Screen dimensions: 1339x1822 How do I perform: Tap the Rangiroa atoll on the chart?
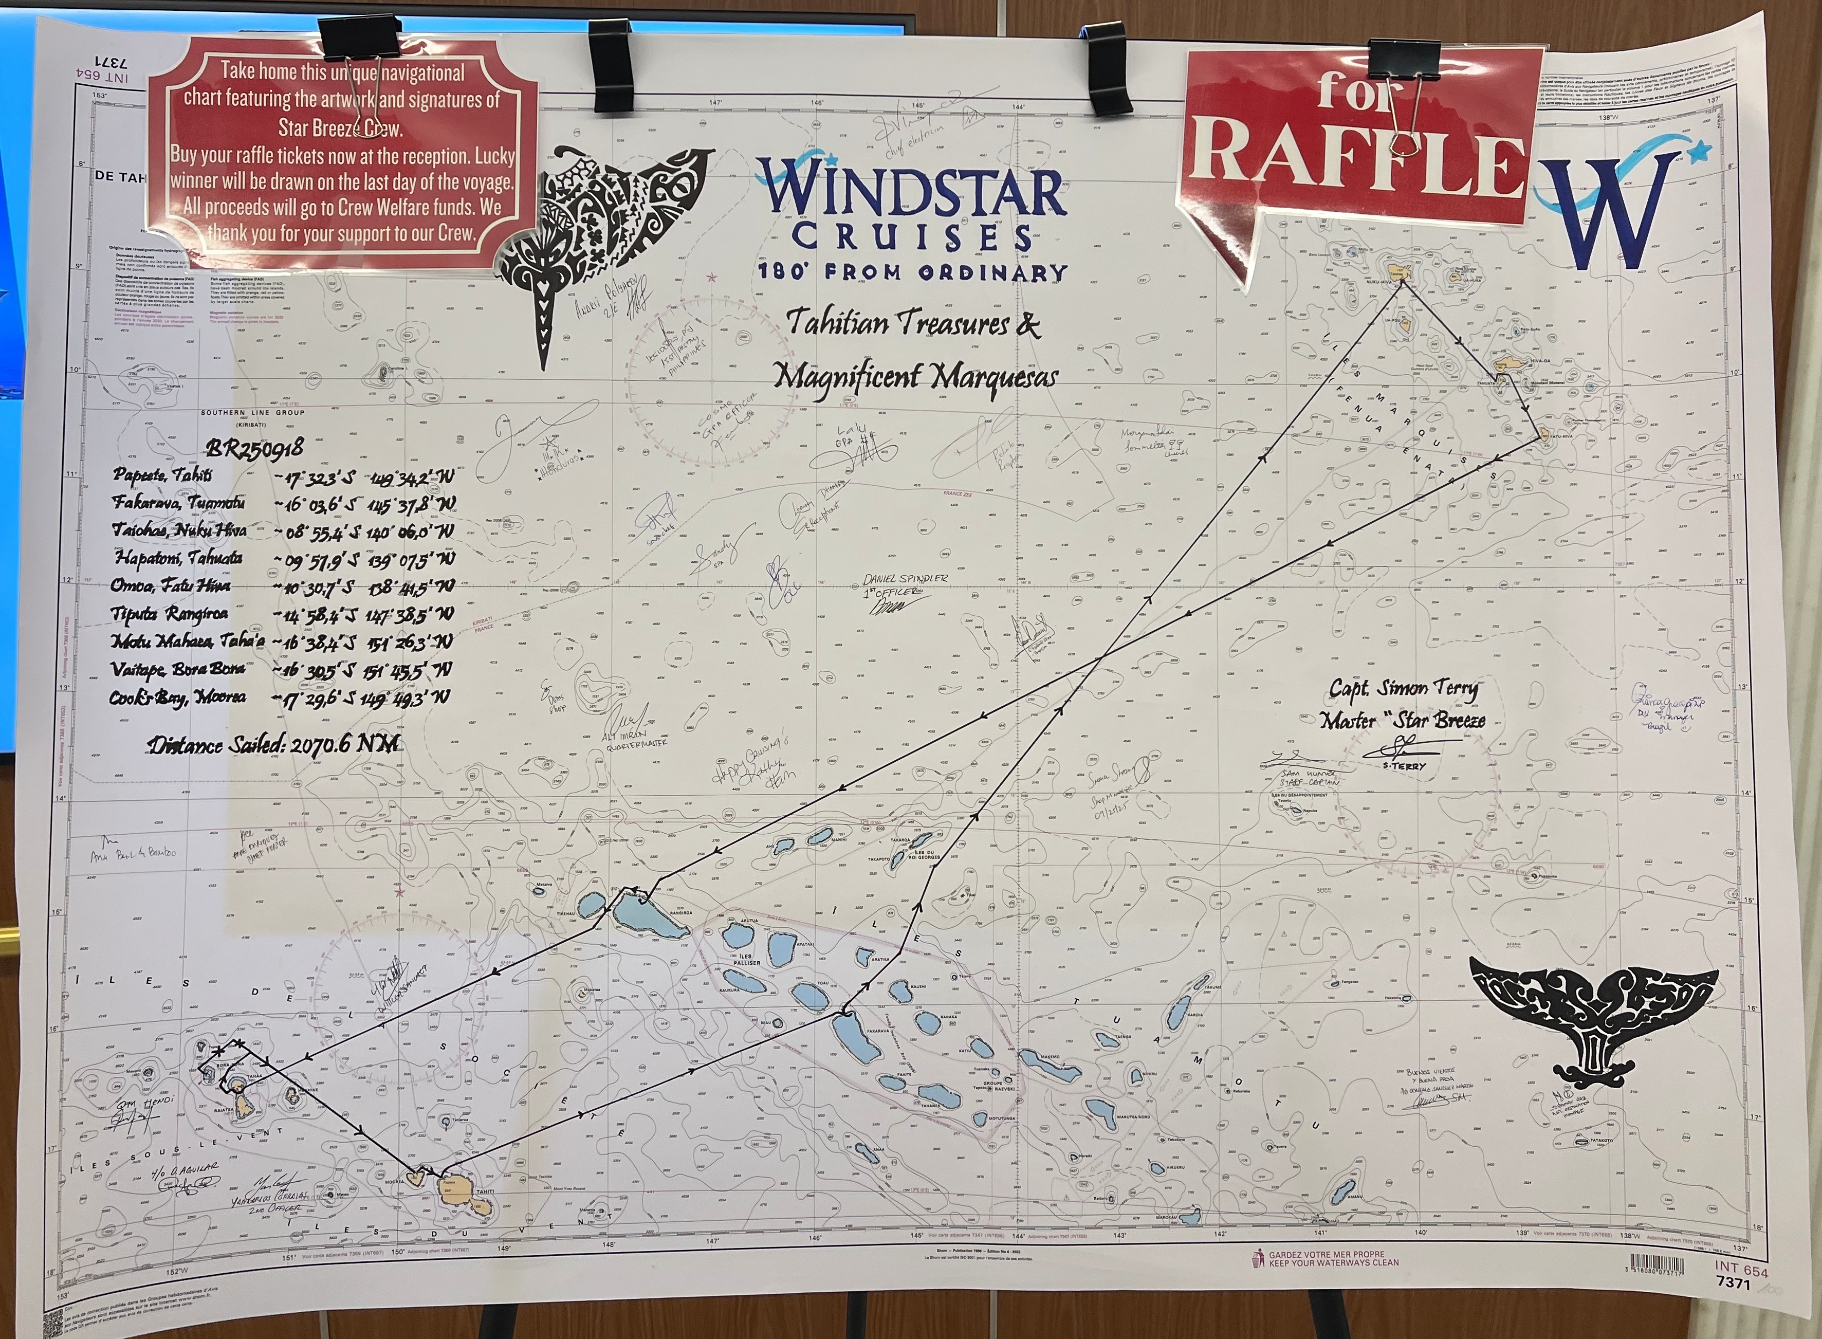[x=640, y=914]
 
